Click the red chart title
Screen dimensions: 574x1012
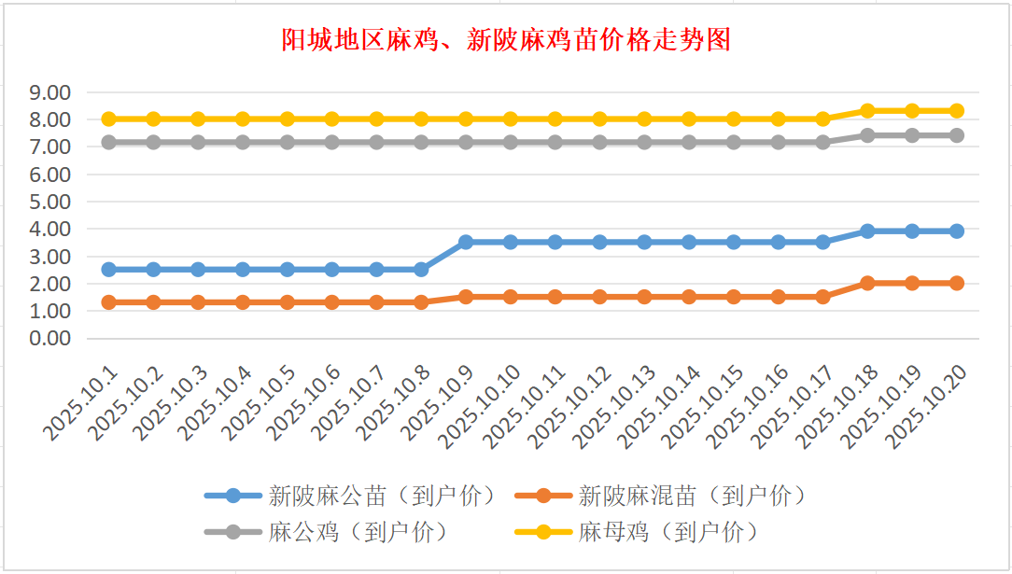(x=505, y=40)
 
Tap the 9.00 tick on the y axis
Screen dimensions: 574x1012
(x=50, y=92)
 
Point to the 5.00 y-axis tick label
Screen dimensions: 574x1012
(x=50, y=202)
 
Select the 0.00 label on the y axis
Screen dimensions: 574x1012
(x=50, y=338)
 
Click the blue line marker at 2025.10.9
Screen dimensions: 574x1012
(x=466, y=242)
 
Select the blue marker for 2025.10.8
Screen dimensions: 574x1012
(x=421, y=269)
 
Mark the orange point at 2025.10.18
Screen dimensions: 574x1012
(x=867, y=283)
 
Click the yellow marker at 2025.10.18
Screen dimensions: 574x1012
(x=867, y=110)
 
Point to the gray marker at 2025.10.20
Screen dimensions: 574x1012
(x=957, y=135)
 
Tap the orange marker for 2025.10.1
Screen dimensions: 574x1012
(x=108, y=302)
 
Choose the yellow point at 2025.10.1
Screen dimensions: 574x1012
(x=108, y=119)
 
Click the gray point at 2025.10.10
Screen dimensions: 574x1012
(x=511, y=143)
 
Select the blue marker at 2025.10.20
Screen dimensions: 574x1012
(x=957, y=231)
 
